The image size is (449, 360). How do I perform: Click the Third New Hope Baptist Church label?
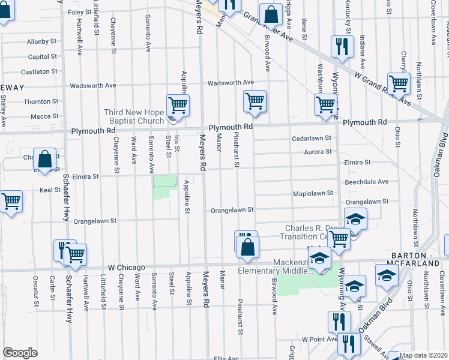click(x=134, y=116)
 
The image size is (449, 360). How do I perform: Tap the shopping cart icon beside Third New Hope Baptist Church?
click(x=178, y=106)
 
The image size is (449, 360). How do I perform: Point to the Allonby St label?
click(x=41, y=42)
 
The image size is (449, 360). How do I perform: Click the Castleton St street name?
click(x=39, y=72)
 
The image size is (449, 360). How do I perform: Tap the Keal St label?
click(x=46, y=190)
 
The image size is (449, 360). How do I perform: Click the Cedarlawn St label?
click(x=312, y=138)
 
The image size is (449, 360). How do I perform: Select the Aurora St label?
click(x=318, y=152)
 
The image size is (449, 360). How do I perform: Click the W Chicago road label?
click(x=127, y=267)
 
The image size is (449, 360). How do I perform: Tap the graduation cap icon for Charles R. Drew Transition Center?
click(x=356, y=219)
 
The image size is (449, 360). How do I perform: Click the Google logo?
click(x=20, y=353)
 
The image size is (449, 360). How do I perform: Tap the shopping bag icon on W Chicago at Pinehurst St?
click(x=248, y=247)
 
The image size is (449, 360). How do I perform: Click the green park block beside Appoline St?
click(x=165, y=187)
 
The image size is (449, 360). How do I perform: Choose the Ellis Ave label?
click(x=226, y=358)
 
